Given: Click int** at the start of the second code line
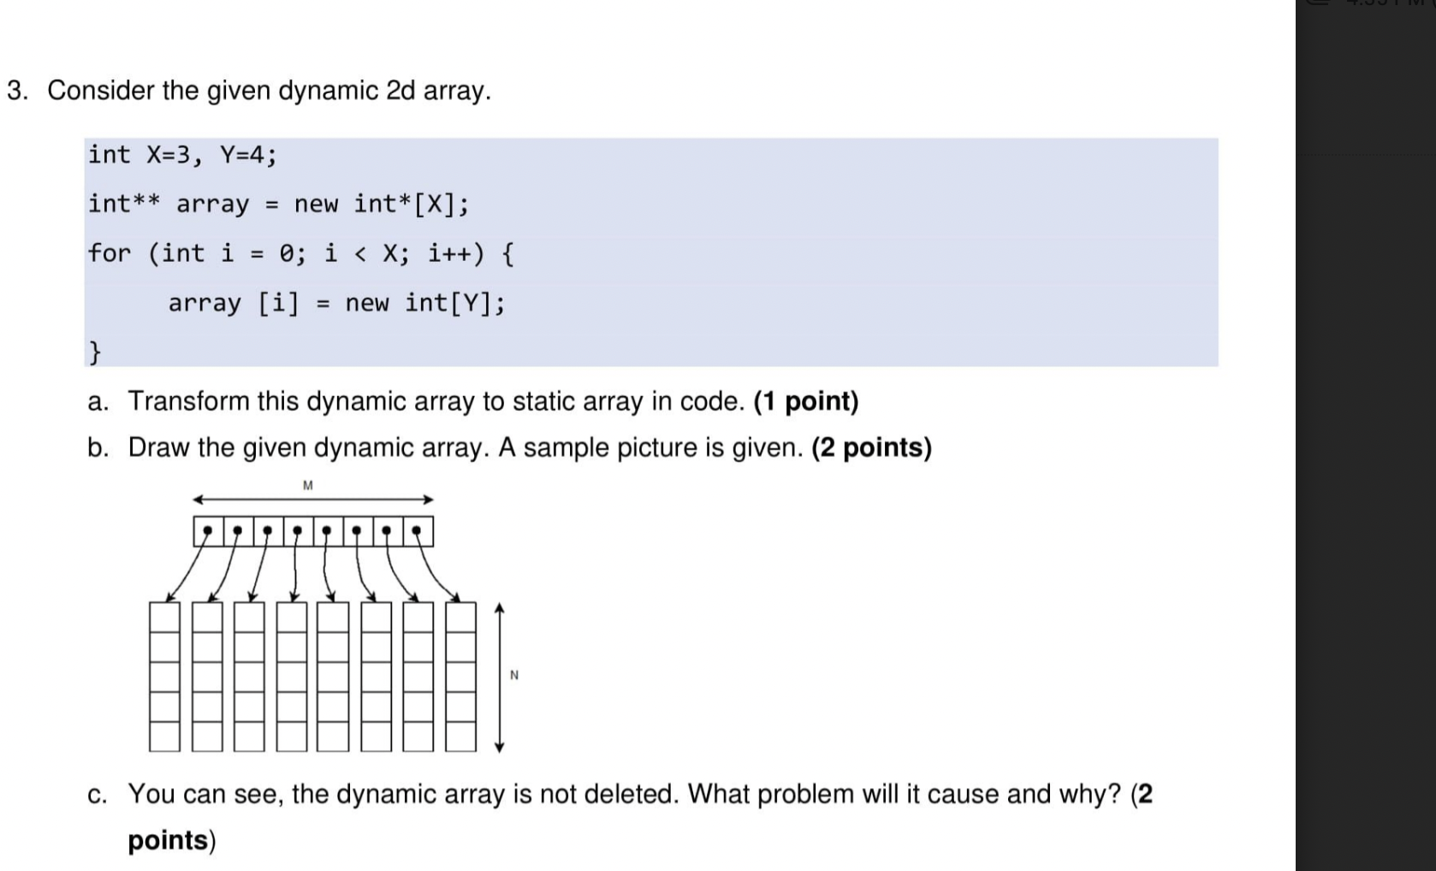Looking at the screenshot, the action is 124,204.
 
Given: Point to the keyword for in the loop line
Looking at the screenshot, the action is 110,253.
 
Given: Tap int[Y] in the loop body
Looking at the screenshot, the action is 454,303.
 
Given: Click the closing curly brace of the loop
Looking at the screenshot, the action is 95,351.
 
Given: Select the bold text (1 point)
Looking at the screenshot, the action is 805,401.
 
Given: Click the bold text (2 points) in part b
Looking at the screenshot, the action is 871,447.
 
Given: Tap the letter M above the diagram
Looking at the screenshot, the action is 308,485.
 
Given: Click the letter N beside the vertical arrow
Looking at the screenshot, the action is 513,675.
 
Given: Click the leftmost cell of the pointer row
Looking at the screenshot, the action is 208,531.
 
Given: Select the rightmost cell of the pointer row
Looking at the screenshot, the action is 418,531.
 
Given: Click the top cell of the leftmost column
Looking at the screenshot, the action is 164,618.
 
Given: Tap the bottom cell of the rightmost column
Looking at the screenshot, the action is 460,737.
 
